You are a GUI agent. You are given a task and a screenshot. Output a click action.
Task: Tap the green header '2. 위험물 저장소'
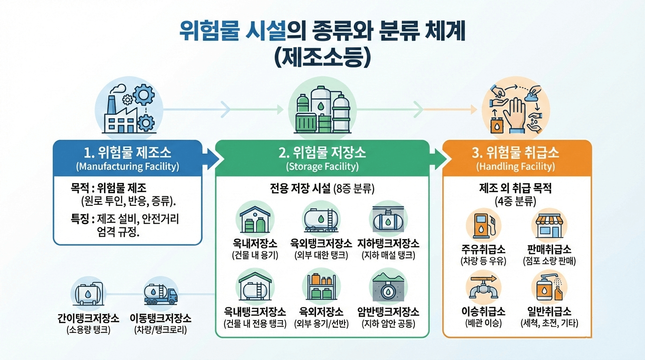point(322,153)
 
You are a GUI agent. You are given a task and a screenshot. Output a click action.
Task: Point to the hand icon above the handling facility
point(516,108)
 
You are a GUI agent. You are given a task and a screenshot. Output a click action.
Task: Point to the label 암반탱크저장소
point(388,312)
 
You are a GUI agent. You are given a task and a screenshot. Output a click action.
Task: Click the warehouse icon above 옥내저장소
point(255,218)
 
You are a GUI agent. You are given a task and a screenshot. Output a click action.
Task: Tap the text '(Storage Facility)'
point(322,166)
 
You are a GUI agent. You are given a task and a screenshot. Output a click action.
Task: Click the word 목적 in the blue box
point(81,188)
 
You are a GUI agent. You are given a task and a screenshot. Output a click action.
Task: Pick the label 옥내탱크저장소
point(255,312)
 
